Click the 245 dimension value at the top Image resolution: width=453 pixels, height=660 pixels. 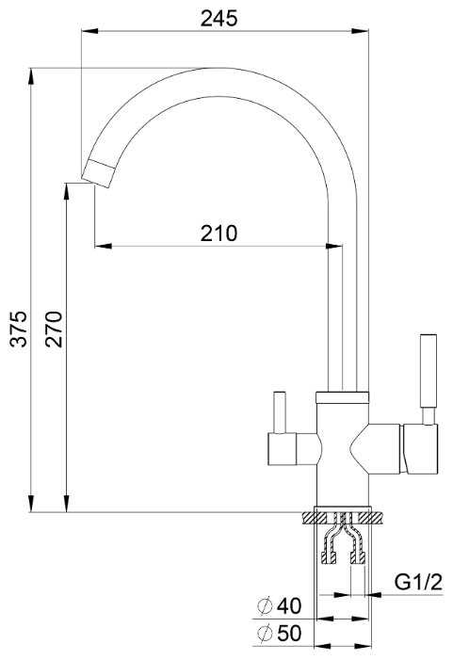tap(218, 19)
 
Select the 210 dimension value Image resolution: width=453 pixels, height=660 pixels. tap(218, 233)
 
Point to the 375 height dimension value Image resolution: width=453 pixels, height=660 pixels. tap(19, 330)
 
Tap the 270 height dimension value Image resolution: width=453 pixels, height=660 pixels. tap(54, 330)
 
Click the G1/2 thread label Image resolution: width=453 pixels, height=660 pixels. tap(418, 583)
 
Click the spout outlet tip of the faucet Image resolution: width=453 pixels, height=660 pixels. tap(99, 174)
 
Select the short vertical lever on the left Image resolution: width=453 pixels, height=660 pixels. tap(280, 412)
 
